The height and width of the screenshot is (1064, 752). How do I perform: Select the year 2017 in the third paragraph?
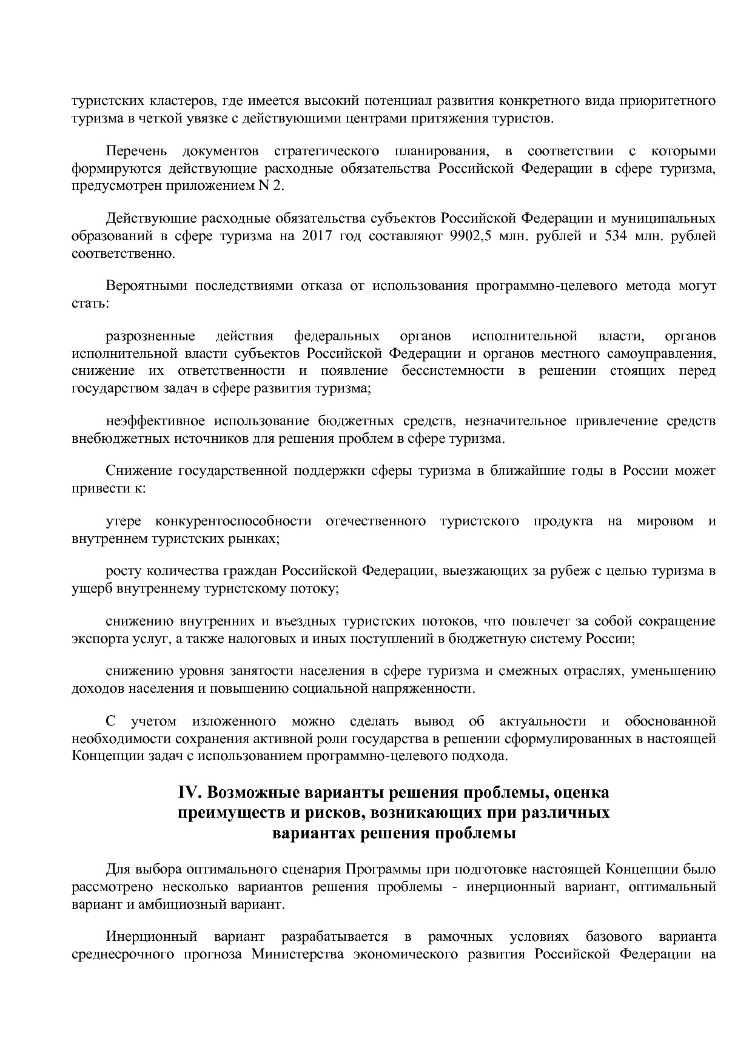pyautogui.click(x=315, y=236)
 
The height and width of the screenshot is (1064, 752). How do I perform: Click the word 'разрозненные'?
pyautogui.click(x=150, y=336)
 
